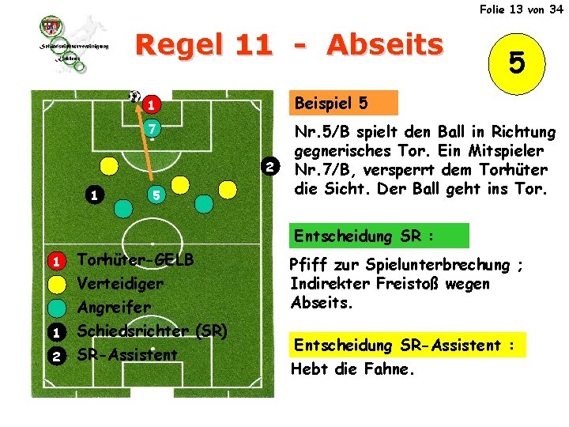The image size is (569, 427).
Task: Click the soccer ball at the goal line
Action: (x=134, y=96)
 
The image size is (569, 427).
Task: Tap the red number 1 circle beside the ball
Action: (x=149, y=104)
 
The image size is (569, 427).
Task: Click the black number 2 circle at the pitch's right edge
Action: (x=270, y=167)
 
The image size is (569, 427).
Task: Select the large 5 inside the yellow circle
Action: (x=518, y=62)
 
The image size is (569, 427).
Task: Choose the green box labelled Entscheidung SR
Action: (x=379, y=236)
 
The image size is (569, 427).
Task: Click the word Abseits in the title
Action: (x=385, y=45)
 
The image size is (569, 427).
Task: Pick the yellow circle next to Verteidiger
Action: (x=56, y=284)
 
